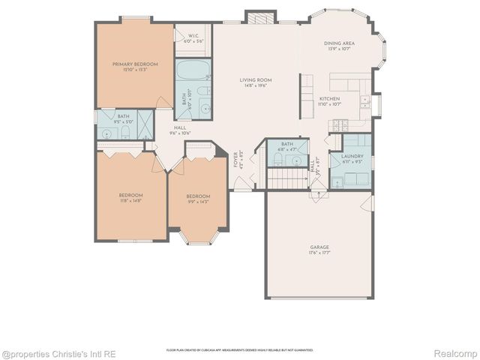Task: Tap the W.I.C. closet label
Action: point(193,35)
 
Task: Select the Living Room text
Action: point(255,79)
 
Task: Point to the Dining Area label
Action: point(339,43)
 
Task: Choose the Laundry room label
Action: point(352,157)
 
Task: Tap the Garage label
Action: point(319,247)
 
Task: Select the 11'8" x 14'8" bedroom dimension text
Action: point(130,200)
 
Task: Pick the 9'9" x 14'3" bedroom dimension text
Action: point(199,200)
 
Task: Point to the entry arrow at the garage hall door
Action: point(319,193)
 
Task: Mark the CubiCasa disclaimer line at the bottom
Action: point(240,350)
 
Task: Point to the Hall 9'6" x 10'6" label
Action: point(180,130)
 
